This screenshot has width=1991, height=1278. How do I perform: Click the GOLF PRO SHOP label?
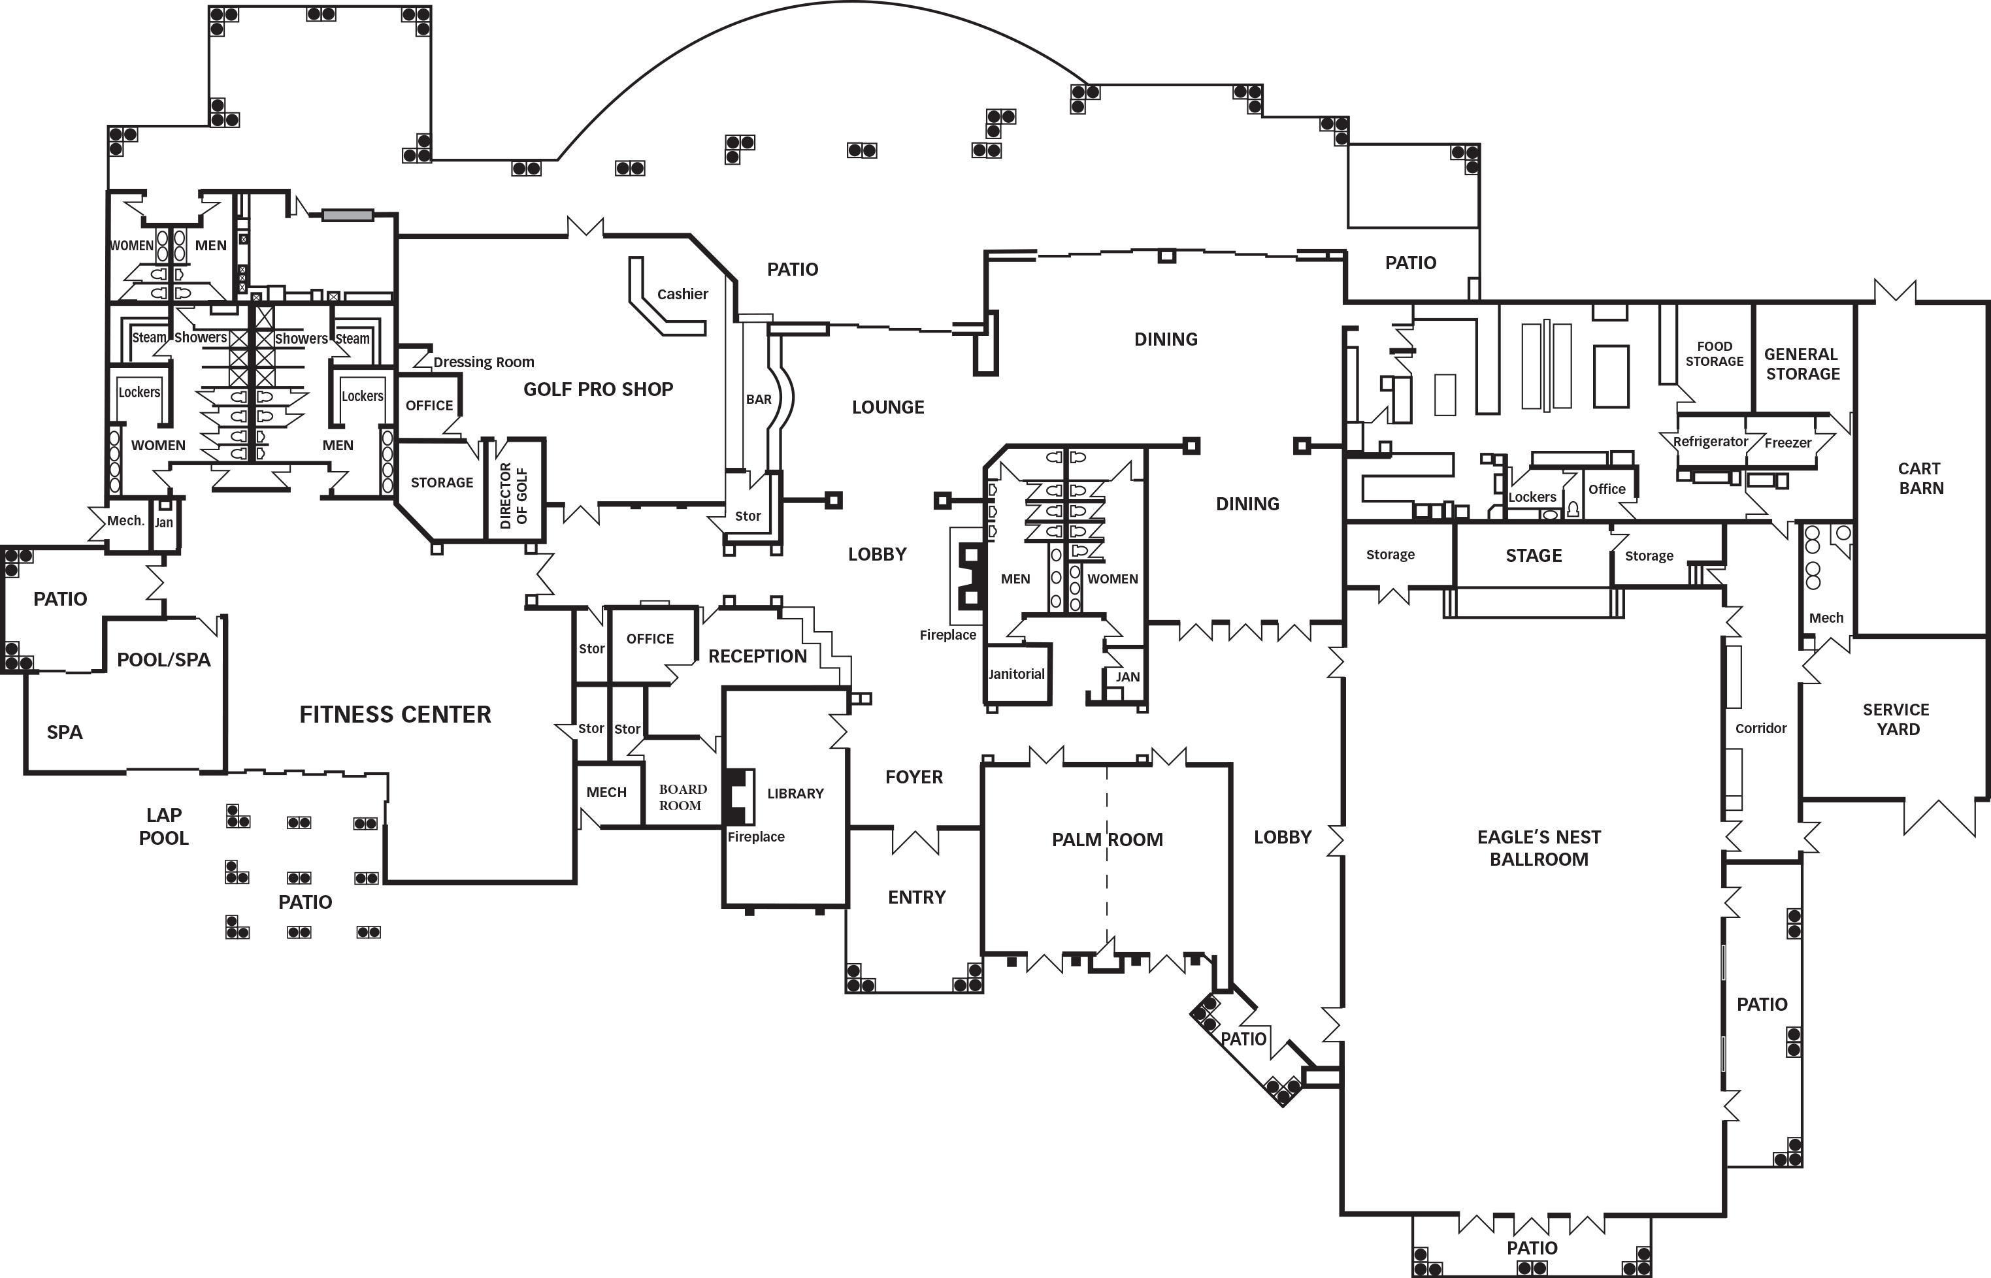tap(597, 389)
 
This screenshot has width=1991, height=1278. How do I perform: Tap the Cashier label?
tap(682, 294)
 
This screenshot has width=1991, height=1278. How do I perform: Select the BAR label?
tap(758, 399)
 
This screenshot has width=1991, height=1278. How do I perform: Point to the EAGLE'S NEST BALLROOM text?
tap(1539, 848)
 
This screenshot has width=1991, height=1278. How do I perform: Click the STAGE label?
tap(1533, 555)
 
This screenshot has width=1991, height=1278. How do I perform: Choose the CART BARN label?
tap(1920, 478)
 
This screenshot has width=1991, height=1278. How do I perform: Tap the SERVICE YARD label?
tap(1896, 719)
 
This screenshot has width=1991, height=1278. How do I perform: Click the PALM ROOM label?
tap(1106, 840)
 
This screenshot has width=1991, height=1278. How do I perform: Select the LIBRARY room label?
tap(795, 793)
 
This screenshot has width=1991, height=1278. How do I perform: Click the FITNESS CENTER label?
tap(395, 715)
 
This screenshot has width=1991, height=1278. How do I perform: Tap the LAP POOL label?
tap(163, 827)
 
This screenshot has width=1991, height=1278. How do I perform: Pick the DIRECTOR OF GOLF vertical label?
tap(513, 495)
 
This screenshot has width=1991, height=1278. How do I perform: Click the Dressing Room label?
tap(483, 362)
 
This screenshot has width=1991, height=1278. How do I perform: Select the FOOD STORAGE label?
tap(1714, 353)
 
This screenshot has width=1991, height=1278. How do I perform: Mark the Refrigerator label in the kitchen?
tap(1709, 442)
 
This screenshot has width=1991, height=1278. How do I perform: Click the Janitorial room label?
tap(1016, 674)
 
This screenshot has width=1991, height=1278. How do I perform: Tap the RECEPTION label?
tap(757, 657)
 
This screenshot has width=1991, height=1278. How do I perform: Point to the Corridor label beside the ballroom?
tap(1760, 728)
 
